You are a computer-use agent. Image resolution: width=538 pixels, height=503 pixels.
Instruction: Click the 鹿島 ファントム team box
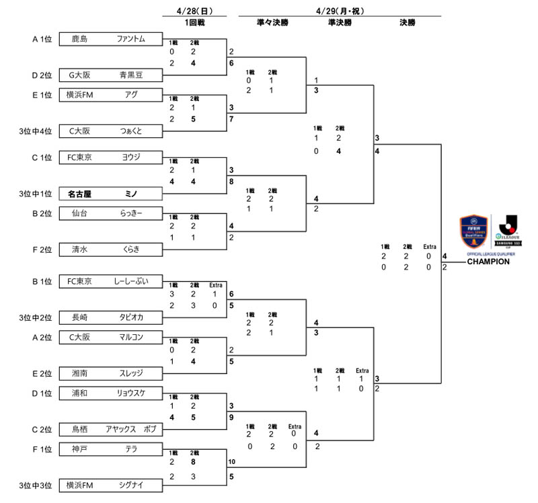111,39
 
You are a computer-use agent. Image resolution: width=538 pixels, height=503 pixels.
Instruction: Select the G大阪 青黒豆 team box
111,75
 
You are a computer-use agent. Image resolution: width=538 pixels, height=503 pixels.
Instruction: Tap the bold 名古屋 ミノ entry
111,194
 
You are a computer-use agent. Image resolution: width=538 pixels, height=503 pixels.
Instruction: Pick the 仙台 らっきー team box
111,213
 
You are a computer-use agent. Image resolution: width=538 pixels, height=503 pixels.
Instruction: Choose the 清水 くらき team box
111,249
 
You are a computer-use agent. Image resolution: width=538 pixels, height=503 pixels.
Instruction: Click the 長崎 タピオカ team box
111,317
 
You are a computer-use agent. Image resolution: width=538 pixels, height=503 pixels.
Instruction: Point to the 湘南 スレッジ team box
111,373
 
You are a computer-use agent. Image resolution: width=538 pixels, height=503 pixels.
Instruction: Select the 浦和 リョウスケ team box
111,392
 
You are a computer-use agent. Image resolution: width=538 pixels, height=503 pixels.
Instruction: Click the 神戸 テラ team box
111,448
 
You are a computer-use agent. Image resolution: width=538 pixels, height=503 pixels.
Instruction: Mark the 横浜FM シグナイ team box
111,485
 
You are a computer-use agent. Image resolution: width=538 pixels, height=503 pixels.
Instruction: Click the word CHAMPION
488,262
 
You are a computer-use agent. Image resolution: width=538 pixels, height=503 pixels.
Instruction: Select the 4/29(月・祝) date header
340,11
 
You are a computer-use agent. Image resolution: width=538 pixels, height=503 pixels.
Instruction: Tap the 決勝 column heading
407,23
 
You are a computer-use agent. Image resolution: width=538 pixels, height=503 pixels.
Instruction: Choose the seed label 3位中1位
36,194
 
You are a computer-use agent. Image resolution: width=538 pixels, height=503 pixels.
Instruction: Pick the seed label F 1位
42,448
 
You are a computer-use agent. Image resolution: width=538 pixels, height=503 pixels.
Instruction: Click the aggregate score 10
232,462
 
